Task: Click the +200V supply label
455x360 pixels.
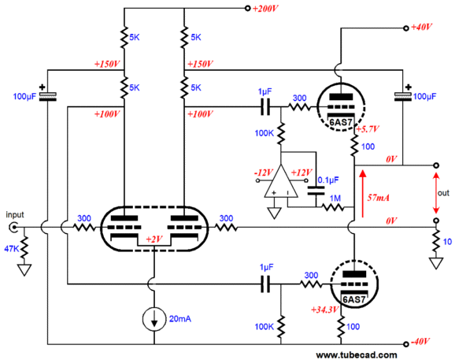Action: pyautogui.click(x=265, y=9)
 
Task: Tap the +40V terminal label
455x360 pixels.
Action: pyautogui.click(x=421, y=28)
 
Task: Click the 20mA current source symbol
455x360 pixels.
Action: pyautogui.click(x=154, y=319)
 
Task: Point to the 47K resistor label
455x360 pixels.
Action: pyautogui.click(x=12, y=248)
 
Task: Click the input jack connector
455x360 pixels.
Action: pyautogui.click(x=13, y=228)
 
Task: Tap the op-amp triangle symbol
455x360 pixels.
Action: pyautogui.click(x=280, y=181)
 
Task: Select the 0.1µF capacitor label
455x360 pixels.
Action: pyautogui.click(x=328, y=180)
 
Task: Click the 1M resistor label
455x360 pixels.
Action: pyautogui.click(x=335, y=199)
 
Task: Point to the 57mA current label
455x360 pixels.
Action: pyautogui.click(x=378, y=198)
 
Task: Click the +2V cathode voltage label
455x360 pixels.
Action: pyautogui.click(x=154, y=239)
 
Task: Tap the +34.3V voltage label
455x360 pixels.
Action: pyautogui.click(x=324, y=310)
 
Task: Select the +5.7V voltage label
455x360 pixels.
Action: pyautogui.click(x=368, y=129)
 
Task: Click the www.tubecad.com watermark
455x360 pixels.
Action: pyautogui.click(x=357, y=354)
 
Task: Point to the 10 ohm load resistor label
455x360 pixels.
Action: pyautogui.click(x=447, y=242)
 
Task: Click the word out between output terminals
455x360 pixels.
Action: pyautogui.click(x=443, y=193)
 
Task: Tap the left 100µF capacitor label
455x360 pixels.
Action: pyautogui.click(x=24, y=96)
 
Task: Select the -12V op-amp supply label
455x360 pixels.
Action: pyautogui.click(x=263, y=173)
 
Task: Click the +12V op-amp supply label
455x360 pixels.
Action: pyautogui.click(x=301, y=173)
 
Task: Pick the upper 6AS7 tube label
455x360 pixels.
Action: pyautogui.click(x=341, y=123)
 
